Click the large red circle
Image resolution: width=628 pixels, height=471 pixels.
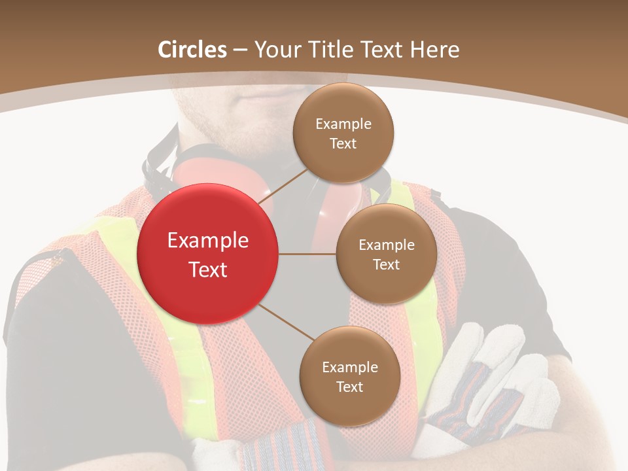208,254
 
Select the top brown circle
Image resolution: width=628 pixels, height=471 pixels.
343,133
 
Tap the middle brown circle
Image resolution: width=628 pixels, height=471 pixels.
386,254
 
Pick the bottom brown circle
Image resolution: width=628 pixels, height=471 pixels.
349,376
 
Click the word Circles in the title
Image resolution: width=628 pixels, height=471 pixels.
192,50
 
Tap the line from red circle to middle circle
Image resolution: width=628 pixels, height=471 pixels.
307,254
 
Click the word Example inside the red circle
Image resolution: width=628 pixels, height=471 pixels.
208,241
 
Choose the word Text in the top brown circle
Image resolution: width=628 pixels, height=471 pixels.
343,144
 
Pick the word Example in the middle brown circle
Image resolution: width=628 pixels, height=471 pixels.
387,245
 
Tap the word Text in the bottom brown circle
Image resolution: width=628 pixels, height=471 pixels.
349,387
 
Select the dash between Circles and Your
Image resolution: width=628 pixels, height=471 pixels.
240,50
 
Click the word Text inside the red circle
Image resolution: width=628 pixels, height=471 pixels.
208,270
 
